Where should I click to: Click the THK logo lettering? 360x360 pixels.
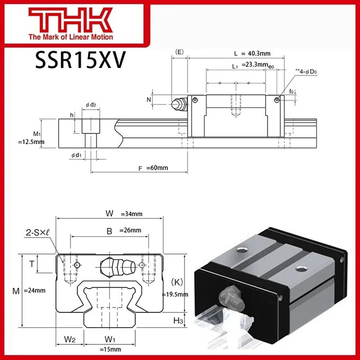pyautogui.click(x=72, y=20)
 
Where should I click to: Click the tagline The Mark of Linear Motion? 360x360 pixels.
pyautogui.click(x=71, y=37)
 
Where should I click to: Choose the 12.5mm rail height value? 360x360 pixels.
pyautogui.click(x=31, y=142)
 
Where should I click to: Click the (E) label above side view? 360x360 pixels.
pyautogui.click(x=179, y=52)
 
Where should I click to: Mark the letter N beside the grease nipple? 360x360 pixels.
pyautogui.click(x=149, y=99)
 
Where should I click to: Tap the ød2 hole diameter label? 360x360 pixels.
pyautogui.click(x=91, y=105)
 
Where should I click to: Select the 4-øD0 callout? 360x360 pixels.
pyautogui.click(x=304, y=72)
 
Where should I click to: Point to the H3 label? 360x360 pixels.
pyautogui.click(x=178, y=320)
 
